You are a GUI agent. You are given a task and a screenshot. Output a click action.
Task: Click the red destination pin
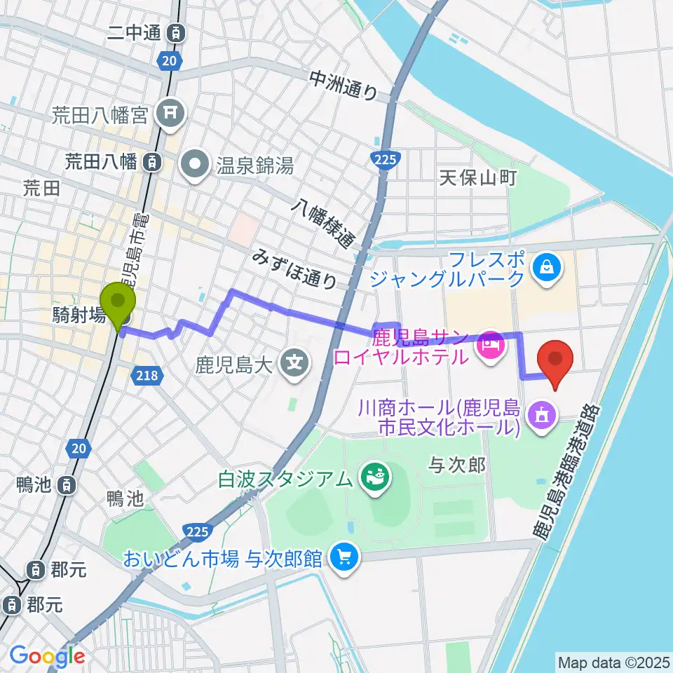click(555, 359)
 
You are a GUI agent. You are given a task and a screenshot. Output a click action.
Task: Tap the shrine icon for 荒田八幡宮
click(170, 111)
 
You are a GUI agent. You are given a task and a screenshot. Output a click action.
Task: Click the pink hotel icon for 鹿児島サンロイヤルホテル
click(490, 343)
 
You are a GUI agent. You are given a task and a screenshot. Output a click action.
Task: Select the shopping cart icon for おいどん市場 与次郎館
click(343, 559)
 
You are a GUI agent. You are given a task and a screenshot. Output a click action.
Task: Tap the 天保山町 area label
click(477, 178)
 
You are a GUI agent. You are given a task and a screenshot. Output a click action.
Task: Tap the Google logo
click(46, 655)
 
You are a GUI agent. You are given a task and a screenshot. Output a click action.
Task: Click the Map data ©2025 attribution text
click(612, 661)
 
